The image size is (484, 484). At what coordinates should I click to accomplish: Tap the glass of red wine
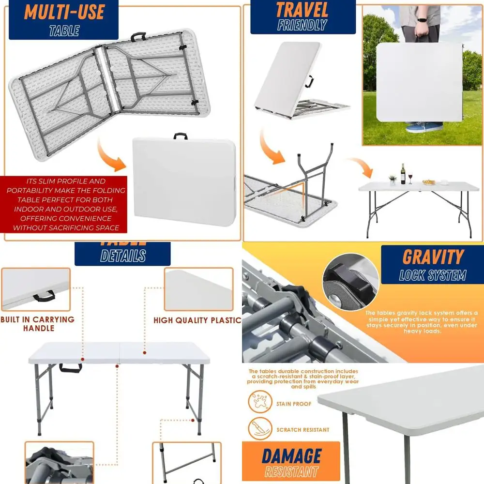click(x=410, y=178)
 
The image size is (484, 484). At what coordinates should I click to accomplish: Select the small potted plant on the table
click(x=393, y=180)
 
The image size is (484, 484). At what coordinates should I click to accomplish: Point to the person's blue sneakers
click(x=424, y=127)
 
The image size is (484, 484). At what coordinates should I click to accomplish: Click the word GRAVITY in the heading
click(x=433, y=257)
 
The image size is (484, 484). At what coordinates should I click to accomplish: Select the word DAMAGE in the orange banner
click(x=291, y=456)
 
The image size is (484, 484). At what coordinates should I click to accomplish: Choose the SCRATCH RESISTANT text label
click(x=303, y=430)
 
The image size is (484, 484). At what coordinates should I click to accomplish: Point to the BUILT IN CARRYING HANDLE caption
click(x=38, y=324)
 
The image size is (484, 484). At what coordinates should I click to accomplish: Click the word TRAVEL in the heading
click(x=302, y=10)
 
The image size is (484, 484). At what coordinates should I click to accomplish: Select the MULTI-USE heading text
click(x=64, y=12)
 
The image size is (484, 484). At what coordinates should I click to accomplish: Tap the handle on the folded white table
click(x=181, y=136)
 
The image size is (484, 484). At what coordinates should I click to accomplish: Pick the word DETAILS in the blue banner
click(x=123, y=256)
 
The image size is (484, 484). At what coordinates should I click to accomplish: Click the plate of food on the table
click(x=429, y=182)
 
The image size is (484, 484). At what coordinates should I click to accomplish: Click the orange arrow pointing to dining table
click(x=361, y=166)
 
